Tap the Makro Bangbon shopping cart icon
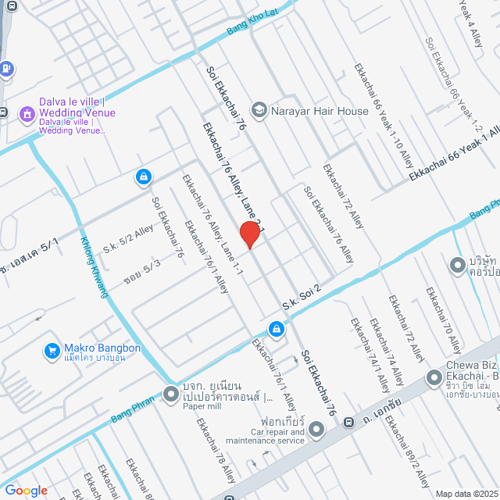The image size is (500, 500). (x=52, y=351)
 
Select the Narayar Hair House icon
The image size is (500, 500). (x=258, y=110)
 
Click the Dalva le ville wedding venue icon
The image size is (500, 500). (x=26, y=114)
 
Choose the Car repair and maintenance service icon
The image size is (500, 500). (x=316, y=429)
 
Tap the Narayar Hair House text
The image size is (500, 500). (x=320, y=111)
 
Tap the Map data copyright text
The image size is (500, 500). (x=466, y=493)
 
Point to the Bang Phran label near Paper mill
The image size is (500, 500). (x=133, y=408)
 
